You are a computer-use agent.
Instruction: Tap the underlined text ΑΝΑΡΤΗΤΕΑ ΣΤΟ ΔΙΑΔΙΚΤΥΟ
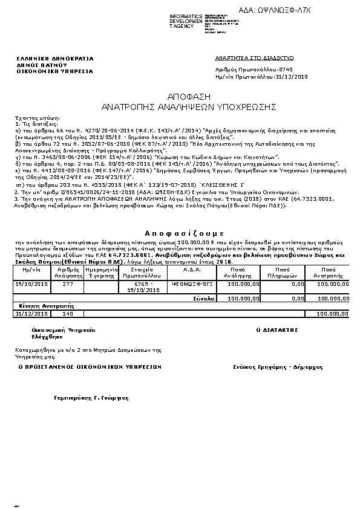pos(254,58)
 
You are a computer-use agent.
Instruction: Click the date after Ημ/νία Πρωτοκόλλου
pos(292,77)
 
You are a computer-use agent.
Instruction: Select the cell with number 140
pos(68,314)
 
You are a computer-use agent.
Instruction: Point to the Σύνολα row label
pos(205,298)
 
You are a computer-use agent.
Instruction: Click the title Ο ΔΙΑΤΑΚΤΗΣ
pos(278,331)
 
